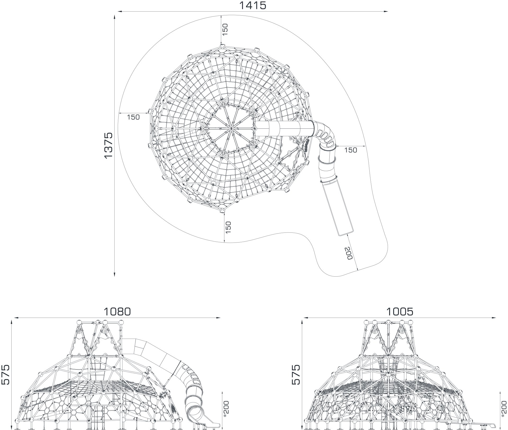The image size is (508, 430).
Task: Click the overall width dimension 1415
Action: pos(252,5)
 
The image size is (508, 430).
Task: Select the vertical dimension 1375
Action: pos(108,145)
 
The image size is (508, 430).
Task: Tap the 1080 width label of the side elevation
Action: pos(117,312)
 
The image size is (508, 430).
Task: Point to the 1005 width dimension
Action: pos(400,312)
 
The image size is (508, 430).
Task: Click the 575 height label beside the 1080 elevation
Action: pos(5,374)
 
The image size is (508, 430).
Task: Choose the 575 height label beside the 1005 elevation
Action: pos(296,374)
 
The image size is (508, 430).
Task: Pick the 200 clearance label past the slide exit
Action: pos(349,253)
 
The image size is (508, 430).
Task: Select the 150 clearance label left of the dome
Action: pos(133,117)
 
